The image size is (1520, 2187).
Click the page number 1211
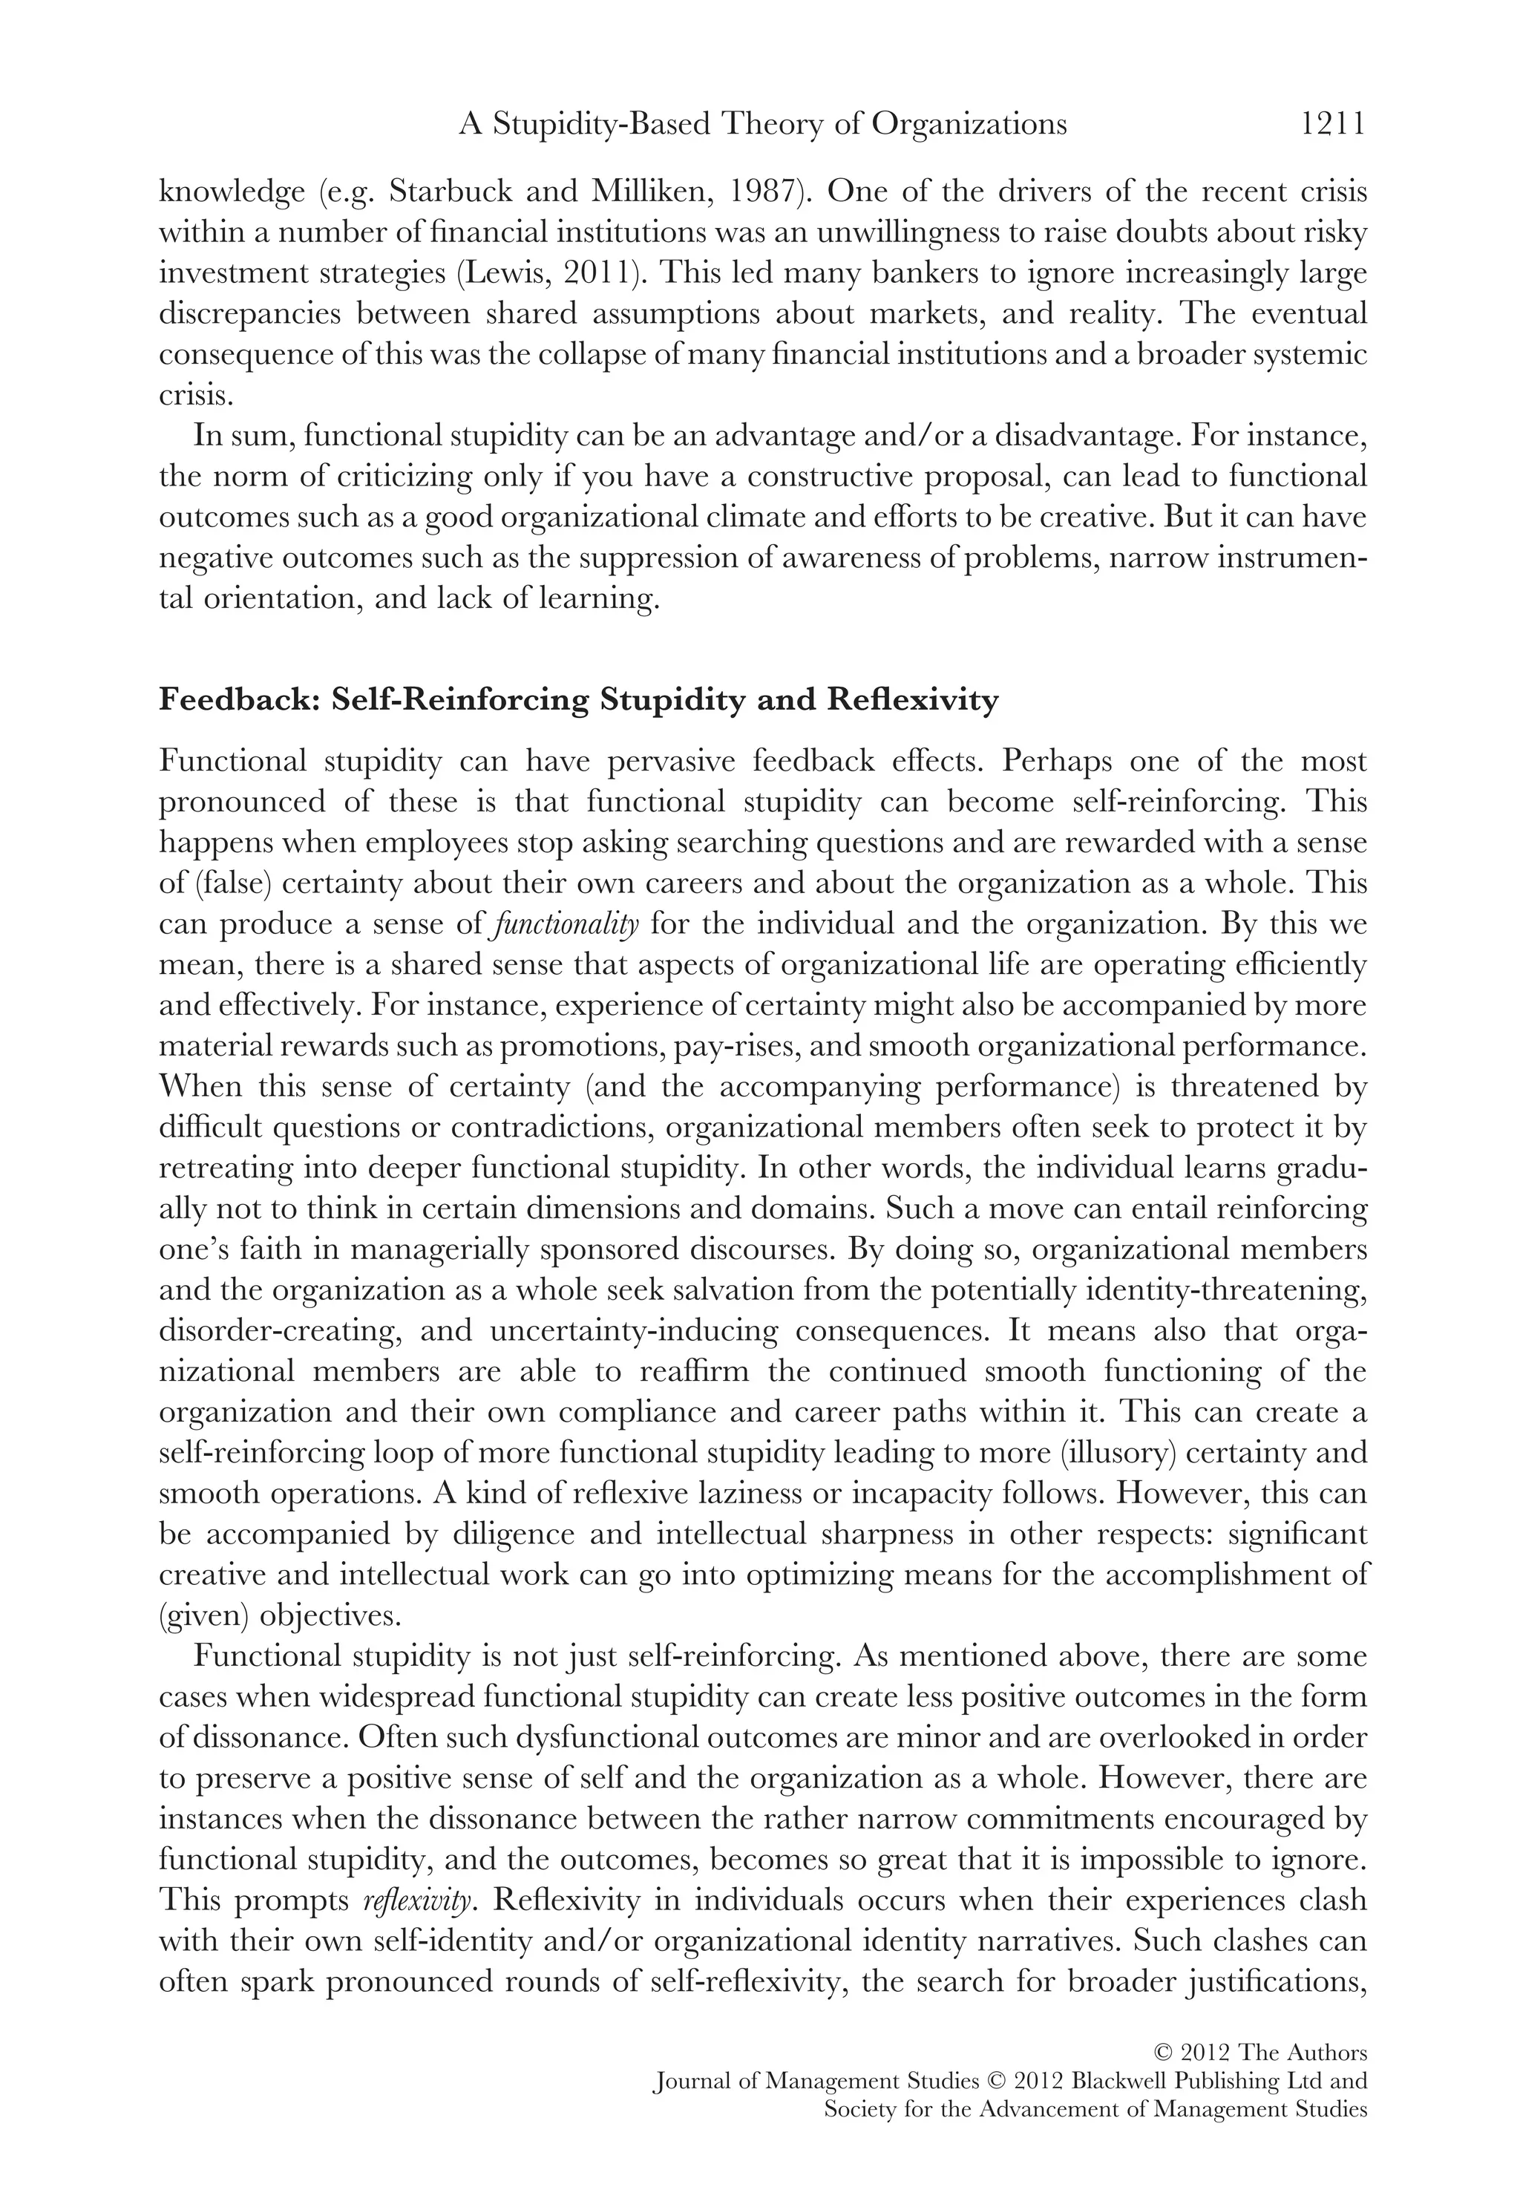click(1333, 124)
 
